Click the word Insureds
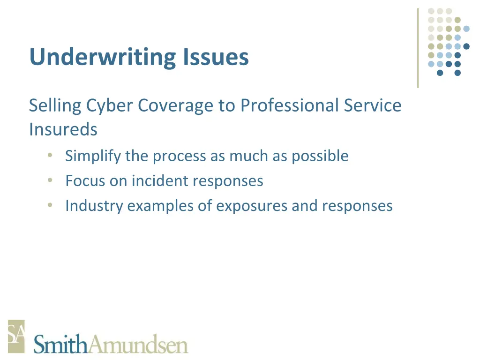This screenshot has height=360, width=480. click(63, 129)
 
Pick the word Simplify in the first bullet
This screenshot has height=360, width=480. click(93, 156)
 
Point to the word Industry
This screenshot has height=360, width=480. click(94, 206)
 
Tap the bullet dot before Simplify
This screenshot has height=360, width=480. click(50, 156)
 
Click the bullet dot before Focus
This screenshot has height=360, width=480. click(50, 181)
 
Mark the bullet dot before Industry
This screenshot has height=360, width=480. click(50, 206)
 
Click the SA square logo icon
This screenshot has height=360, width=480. click(16, 336)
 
